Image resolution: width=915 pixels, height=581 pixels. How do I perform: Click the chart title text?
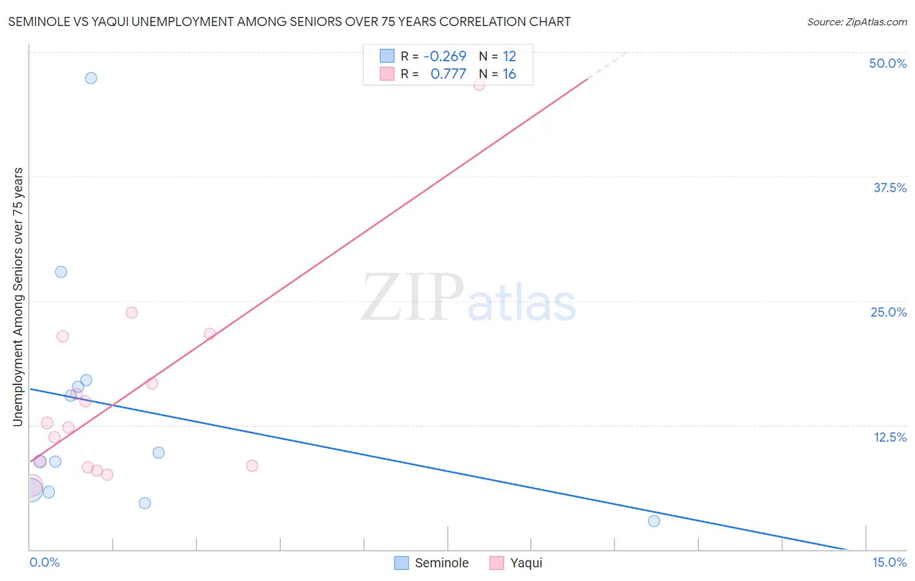(x=289, y=21)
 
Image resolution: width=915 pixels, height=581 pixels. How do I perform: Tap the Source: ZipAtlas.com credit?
(x=856, y=21)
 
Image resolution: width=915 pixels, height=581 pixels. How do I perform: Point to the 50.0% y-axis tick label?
(x=887, y=63)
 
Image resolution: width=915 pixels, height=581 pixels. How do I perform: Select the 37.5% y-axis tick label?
(x=889, y=188)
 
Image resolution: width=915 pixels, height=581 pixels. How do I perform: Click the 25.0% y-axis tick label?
(x=888, y=312)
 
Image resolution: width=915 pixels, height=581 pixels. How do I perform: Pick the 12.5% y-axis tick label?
(x=889, y=437)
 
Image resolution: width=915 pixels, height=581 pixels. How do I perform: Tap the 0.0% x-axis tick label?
(x=44, y=562)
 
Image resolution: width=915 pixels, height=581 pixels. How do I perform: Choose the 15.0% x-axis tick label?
(x=889, y=562)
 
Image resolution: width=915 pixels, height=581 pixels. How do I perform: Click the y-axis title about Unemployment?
(x=18, y=297)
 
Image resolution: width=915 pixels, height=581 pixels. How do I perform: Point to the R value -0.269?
(x=445, y=56)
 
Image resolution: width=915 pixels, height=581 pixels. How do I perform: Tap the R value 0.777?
(x=448, y=74)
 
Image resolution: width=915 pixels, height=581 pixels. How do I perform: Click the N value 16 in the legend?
(x=509, y=74)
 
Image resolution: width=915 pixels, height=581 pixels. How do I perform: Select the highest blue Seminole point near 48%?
(x=91, y=78)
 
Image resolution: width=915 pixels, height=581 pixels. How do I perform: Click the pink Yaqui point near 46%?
(x=479, y=84)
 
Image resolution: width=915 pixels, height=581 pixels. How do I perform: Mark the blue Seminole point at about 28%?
(x=61, y=272)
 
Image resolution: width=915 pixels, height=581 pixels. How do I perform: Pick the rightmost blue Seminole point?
(x=654, y=521)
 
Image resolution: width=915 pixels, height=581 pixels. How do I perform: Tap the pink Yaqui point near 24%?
(x=131, y=313)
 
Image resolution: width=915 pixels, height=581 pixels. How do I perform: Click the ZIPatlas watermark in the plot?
(x=469, y=298)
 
